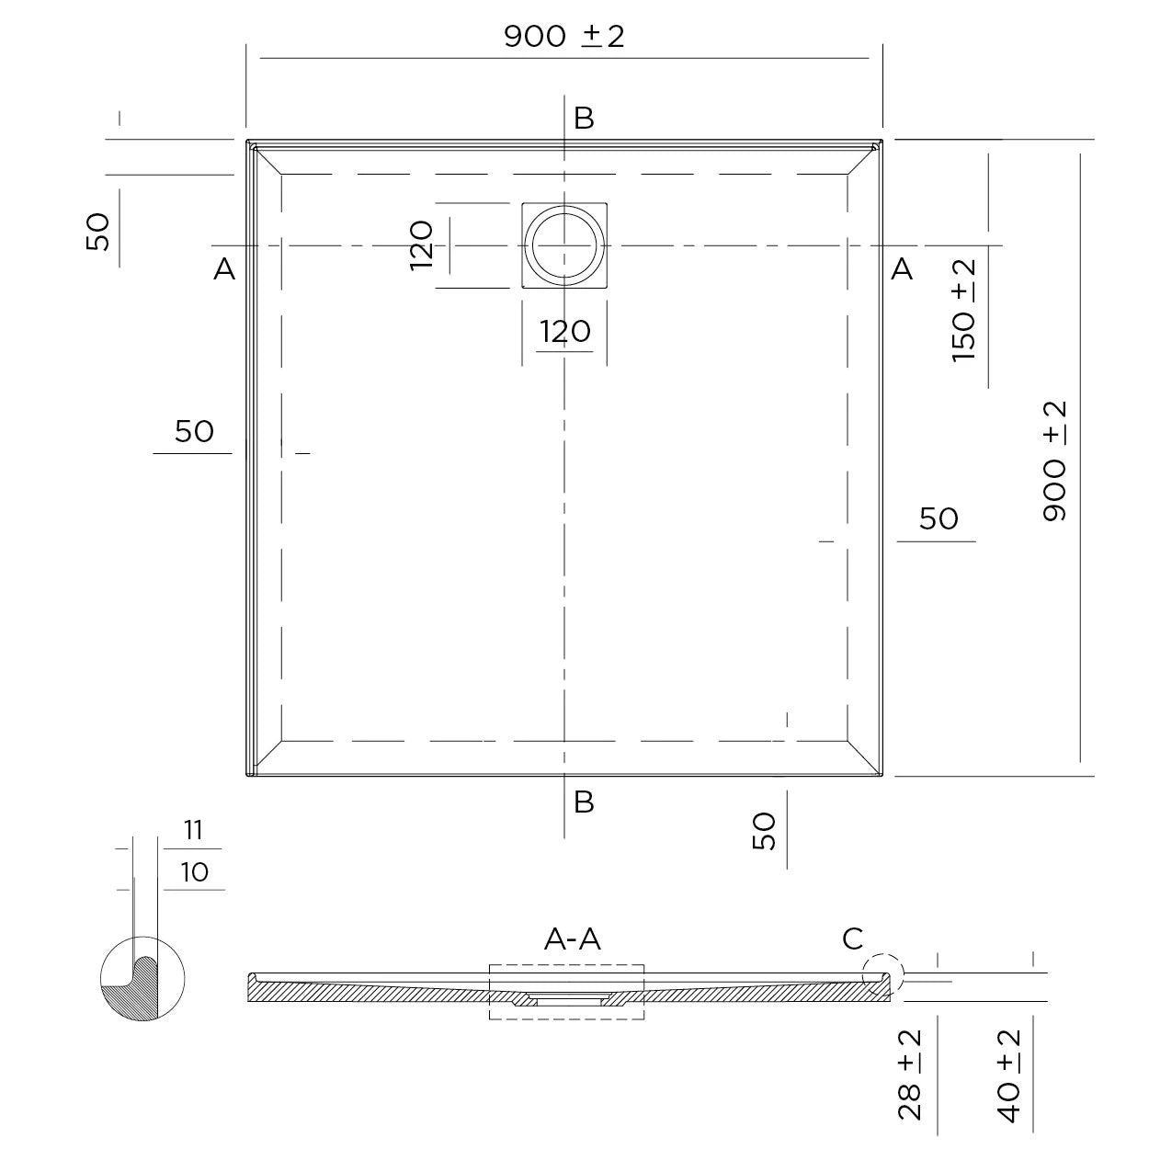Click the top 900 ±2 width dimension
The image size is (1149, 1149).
[x=564, y=37]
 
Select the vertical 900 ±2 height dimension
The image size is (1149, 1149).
[x=1055, y=461]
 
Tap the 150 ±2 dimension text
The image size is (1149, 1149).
[x=963, y=311]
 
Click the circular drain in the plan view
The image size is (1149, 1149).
[x=563, y=245]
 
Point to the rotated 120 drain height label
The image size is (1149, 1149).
[x=421, y=245]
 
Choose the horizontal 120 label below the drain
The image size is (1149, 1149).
[x=565, y=332]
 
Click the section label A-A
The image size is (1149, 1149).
[x=573, y=939]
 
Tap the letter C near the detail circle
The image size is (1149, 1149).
[x=853, y=939]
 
